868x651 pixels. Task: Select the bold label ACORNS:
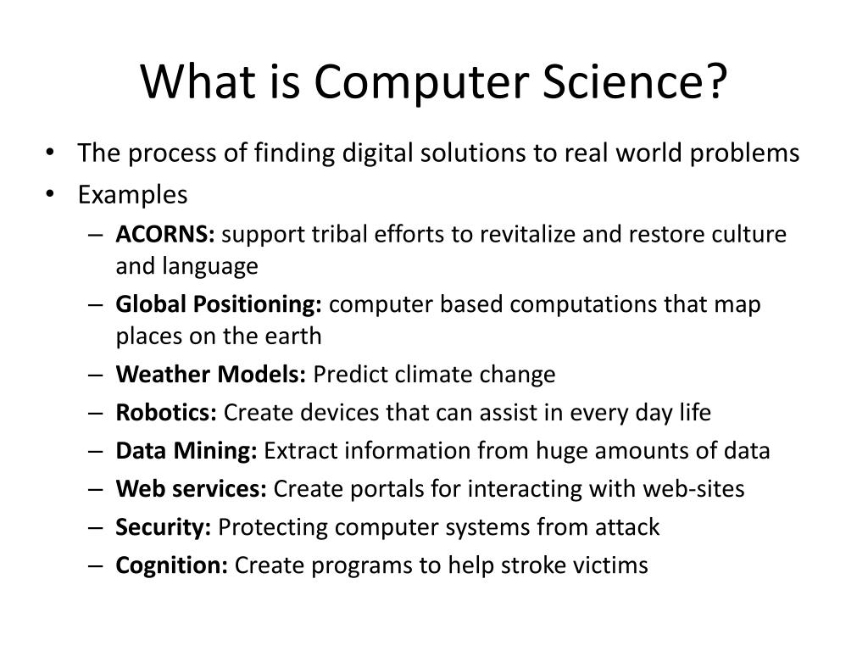coord(165,235)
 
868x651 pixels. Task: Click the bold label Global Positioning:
coord(219,304)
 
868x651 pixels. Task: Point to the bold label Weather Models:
coord(211,374)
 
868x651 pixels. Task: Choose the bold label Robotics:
coord(166,413)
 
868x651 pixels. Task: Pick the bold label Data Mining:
coord(186,451)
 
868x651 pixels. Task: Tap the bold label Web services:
coord(192,489)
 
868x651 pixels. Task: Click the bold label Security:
coord(164,527)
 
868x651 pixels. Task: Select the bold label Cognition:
coord(172,565)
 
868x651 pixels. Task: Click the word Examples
coord(132,195)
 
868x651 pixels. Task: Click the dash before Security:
coord(95,528)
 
